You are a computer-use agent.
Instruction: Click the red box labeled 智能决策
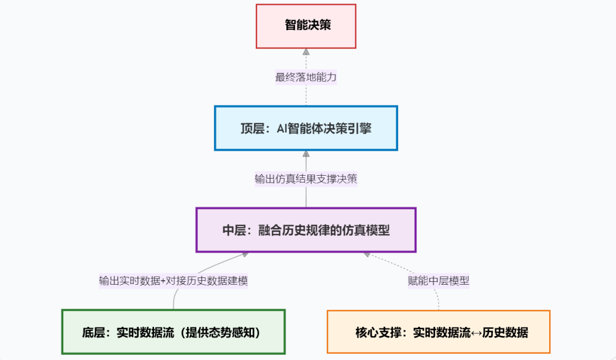tap(306, 26)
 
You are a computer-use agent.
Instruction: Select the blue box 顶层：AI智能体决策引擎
tap(306, 128)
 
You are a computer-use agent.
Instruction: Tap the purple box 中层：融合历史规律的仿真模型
tap(306, 230)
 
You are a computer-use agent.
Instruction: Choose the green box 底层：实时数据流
tap(173, 331)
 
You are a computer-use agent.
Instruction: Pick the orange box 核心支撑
tap(439, 331)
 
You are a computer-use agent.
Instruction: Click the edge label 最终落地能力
tap(306, 77)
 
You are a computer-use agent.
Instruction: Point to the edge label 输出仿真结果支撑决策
tap(306, 179)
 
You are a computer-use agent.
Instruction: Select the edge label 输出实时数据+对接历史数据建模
tap(173, 281)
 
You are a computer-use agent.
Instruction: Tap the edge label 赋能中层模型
tap(439, 281)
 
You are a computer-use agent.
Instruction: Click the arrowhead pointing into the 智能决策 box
tap(306, 52)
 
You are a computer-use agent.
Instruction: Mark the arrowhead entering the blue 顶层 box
tap(306, 154)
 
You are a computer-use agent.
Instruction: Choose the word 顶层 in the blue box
tap(252, 128)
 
